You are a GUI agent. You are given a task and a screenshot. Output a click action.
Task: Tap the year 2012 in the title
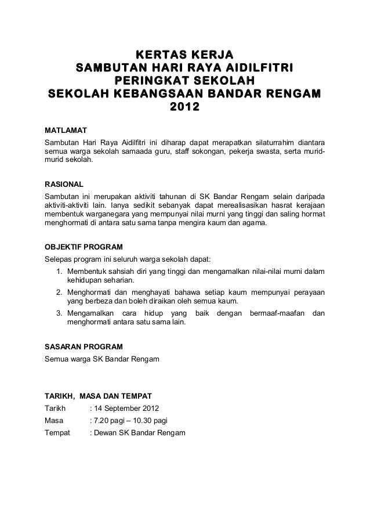coord(184,107)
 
